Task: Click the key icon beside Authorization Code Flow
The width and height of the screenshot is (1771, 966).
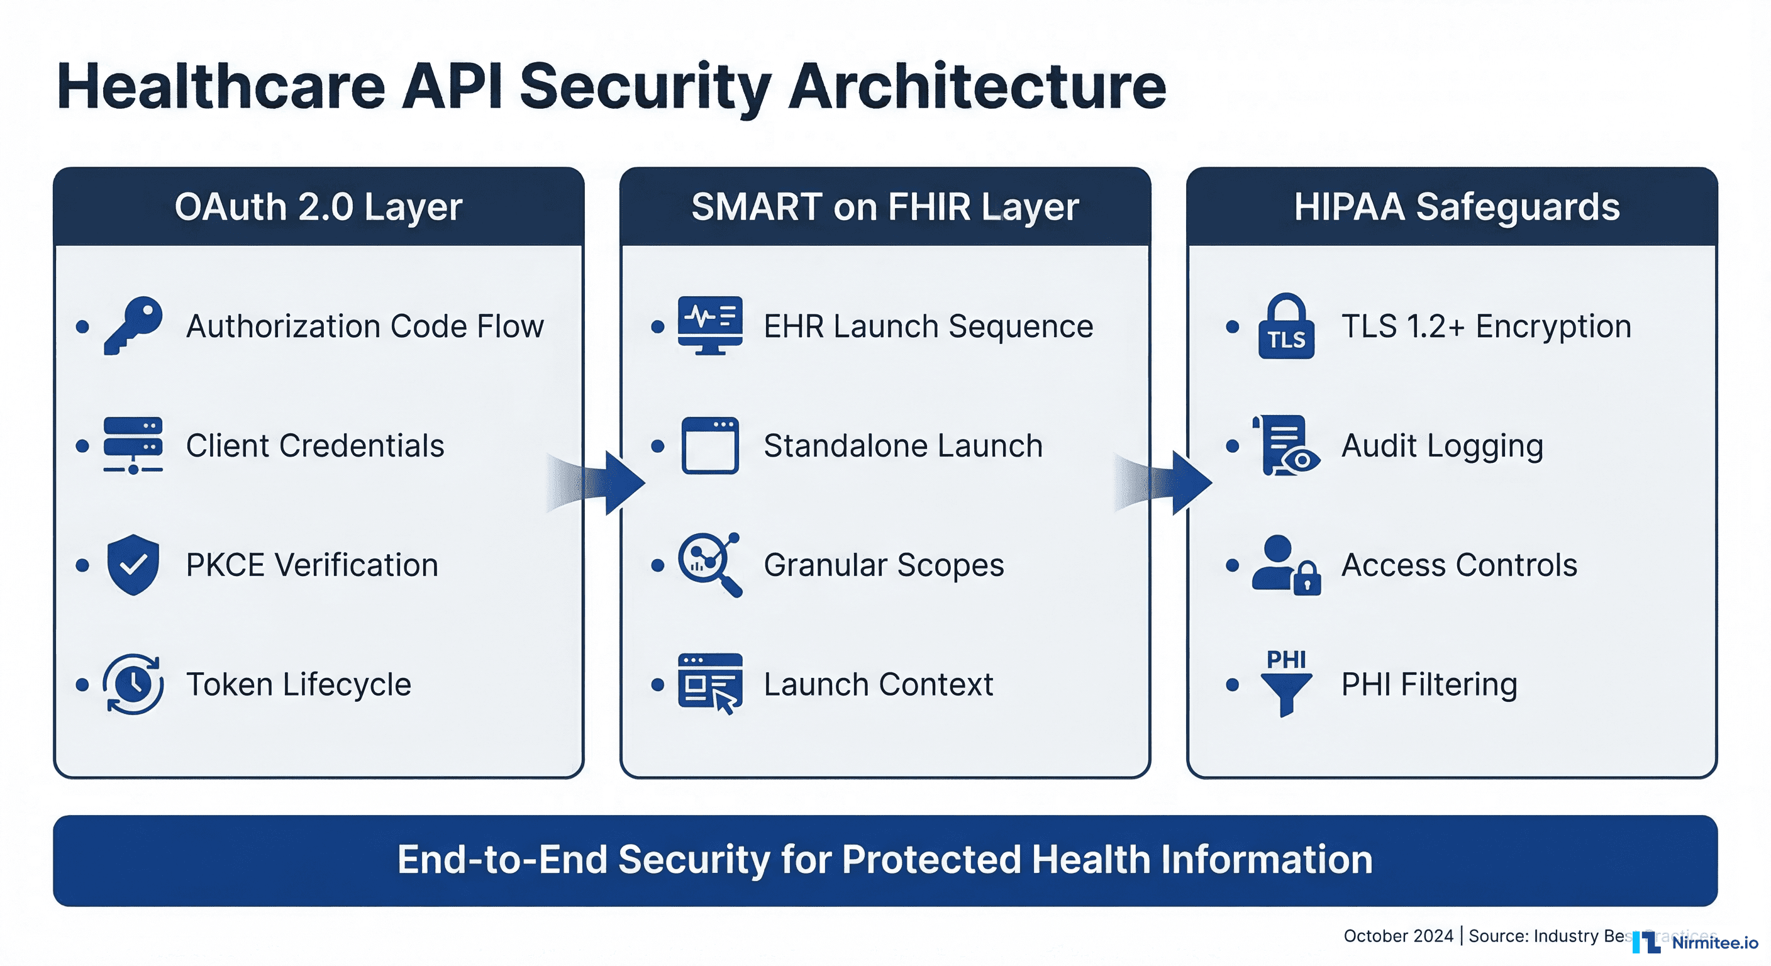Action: [133, 325]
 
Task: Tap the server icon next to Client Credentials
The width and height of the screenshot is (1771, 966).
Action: [133, 445]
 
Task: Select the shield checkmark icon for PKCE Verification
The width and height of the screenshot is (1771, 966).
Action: [133, 565]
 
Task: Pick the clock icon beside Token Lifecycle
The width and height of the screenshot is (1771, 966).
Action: [133, 684]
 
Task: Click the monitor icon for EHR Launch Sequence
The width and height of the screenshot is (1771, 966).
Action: [709, 325]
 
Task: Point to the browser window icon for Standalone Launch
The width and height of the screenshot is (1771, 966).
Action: [709, 445]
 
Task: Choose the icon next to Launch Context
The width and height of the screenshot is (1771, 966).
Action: [709, 684]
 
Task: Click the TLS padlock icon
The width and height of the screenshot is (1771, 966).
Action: [1285, 326]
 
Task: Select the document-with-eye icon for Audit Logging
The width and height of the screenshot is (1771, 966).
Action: [1285, 445]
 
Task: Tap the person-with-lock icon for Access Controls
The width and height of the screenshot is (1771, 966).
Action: [1285, 565]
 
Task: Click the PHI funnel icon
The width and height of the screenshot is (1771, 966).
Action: [1285, 684]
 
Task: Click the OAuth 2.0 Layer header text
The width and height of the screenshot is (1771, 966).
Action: [318, 207]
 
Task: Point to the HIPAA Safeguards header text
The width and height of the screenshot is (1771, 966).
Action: [1456, 207]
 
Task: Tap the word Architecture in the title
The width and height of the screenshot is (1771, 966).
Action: [977, 87]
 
